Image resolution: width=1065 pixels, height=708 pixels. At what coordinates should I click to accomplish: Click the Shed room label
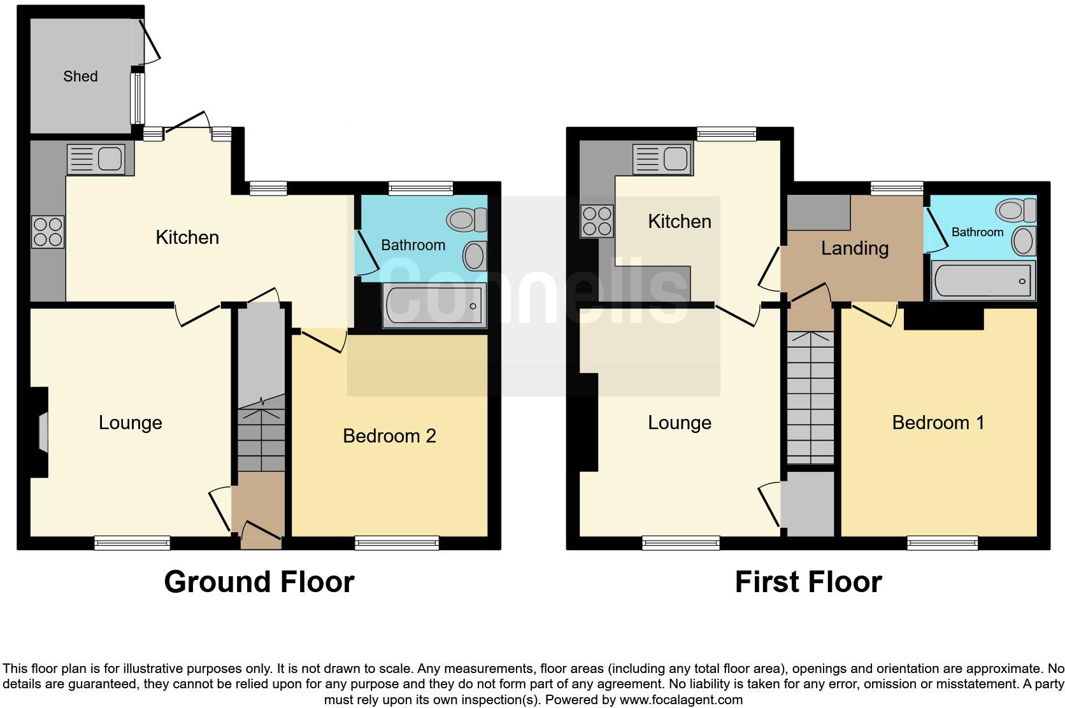coord(80,76)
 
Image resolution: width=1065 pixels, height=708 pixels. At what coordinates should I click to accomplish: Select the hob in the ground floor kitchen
coord(48,232)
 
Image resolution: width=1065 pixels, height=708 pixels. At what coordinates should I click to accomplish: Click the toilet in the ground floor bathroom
coord(467,220)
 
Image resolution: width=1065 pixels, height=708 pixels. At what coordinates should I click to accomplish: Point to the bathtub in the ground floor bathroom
coord(433,306)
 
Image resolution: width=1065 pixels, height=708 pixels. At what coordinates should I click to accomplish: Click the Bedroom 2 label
coord(389,436)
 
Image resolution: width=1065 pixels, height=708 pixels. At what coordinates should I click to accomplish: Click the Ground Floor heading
coord(259,582)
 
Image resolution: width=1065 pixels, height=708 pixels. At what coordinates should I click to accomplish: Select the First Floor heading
coord(808,582)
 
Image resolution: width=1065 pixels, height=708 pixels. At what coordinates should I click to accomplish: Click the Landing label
coord(854,248)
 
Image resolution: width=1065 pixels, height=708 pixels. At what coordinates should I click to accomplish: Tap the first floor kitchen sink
coord(661,159)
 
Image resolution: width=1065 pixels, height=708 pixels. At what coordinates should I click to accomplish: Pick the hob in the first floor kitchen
coord(597,221)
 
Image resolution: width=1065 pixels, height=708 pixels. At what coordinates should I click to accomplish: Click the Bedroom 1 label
coord(938,423)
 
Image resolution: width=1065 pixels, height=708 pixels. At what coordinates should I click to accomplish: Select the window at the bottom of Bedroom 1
coord(942,543)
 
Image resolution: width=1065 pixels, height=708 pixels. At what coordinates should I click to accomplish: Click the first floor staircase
coord(810,398)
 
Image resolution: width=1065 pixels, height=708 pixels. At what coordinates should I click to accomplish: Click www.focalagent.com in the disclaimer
coord(681,700)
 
